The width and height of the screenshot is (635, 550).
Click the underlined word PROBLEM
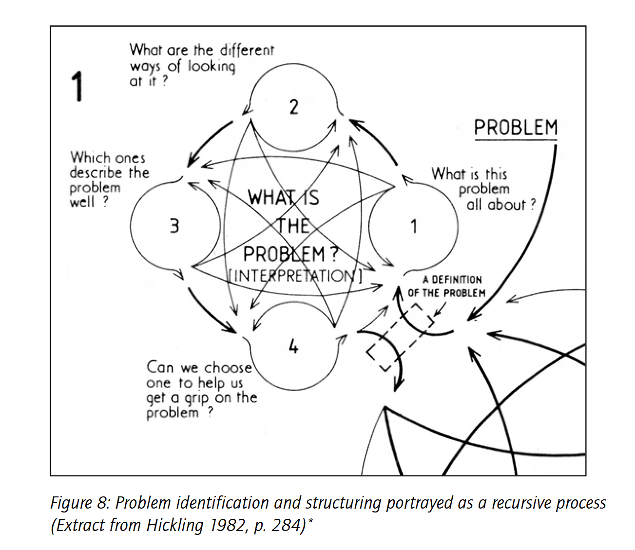tap(516, 128)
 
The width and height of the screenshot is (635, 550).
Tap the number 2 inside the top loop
tap(293, 107)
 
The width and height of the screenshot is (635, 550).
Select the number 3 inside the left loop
tap(174, 226)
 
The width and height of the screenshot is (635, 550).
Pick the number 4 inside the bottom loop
tap(293, 347)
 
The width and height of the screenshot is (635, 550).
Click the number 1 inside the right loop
tap(413, 227)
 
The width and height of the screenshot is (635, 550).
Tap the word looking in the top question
tap(211, 67)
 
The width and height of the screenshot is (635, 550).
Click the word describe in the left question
tap(96, 172)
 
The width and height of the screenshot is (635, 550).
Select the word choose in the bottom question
tap(228, 367)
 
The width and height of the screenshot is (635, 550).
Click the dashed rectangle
tap(401, 337)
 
